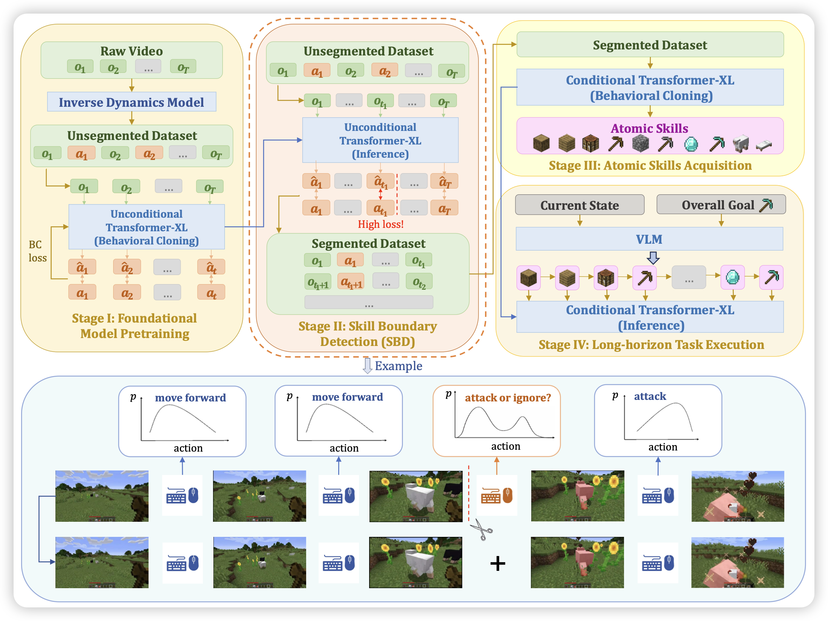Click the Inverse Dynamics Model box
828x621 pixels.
[x=132, y=102]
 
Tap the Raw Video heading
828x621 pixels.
[x=132, y=51]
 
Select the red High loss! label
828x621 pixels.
[x=380, y=224]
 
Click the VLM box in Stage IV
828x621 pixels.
[x=649, y=239]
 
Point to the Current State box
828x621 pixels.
[x=580, y=205]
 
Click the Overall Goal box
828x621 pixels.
[x=721, y=205]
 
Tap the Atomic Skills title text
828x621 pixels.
[x=649, y=128]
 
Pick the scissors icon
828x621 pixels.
[x=481, y=529]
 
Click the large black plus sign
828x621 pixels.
[x=498, y=564]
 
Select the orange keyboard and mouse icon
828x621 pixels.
[x=497, y=496]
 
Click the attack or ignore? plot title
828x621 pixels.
[x=508, y=398]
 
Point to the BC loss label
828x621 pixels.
[x=37, y=251]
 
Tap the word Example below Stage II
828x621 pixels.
[x=398, y=366]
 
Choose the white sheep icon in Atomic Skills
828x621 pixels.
[x=741, y=144]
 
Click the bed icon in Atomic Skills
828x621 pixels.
[x=764, y=145]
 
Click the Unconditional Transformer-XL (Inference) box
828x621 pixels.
[x=380, y=140]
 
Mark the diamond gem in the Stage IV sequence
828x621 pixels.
[x=733, y=278]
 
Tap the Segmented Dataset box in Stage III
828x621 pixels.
[x=650, y=45]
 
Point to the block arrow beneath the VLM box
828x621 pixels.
[x=653, y=258]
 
